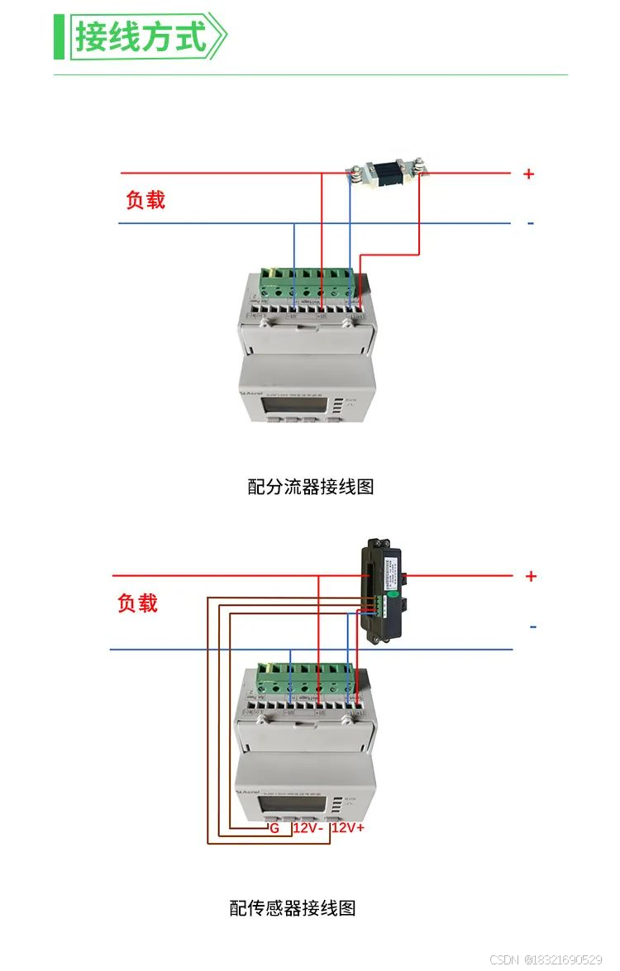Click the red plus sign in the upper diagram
coord(528,174)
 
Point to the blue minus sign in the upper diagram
coord(530,223)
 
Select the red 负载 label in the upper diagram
coord(145,200)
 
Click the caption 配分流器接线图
coord(311,487)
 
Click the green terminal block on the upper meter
coord(311,281)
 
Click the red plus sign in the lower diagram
coord(531,576)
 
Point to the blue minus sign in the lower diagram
coord(532,627)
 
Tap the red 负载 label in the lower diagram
coord(137,603)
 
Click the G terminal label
coord(274,827)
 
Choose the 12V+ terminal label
coord(348,827)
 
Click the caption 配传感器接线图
coord(293,908)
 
